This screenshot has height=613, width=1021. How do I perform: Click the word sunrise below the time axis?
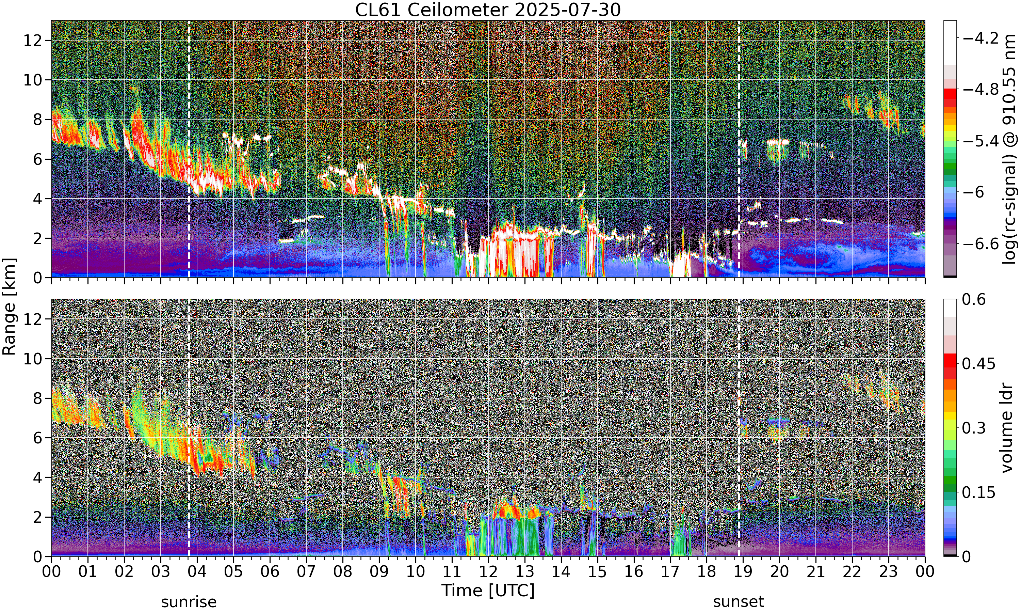point(189,602)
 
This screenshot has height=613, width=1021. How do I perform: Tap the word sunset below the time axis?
point(739,602)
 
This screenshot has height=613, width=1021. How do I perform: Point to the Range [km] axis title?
point(9,306)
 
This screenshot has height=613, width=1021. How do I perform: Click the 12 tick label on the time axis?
point(488,572)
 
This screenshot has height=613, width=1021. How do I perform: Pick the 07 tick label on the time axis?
point(306,572)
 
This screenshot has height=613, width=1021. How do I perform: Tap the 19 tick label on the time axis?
point(743,572)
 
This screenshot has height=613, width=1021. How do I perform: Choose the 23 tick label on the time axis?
point(889,572)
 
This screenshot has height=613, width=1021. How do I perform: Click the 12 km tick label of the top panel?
point(33,41)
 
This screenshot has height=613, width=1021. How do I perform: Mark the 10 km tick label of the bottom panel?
point(33,359)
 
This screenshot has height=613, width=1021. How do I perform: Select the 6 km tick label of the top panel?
point(37,159)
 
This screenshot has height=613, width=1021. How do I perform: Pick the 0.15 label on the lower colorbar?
point(978,492)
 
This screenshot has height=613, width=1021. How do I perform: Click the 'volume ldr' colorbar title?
point(1007,428)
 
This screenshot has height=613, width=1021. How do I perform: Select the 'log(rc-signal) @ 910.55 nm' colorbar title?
point(1009,149)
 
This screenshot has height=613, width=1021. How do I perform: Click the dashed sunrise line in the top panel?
point(189,149)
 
